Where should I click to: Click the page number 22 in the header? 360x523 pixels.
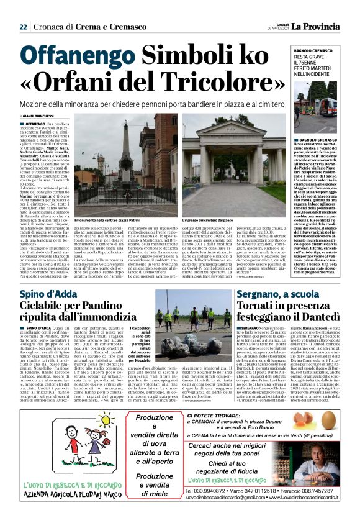click(x=23, y=27)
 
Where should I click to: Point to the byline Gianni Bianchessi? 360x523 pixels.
click(x=39, y=116)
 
